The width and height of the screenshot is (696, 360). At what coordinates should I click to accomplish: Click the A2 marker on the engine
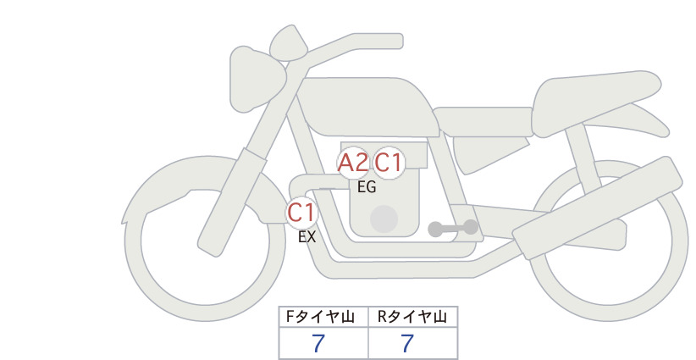pos(353,163)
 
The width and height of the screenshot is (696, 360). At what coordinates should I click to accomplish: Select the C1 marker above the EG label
pos(389,163)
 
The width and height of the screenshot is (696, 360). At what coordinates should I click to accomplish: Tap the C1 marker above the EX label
pos(301,212)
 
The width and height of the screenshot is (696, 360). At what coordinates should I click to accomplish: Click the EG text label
pos(367,187)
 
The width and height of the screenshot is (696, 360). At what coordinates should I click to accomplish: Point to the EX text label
pos(307,237)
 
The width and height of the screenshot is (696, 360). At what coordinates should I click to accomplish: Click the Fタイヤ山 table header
pos(320,317)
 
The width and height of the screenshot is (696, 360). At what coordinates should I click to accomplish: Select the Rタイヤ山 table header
pos(412,317)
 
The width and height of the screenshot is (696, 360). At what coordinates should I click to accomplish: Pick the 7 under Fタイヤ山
pos(318,344)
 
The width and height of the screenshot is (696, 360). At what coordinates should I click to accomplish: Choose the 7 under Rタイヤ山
pos(407,344)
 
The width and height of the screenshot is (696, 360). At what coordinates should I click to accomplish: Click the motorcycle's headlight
pos(256,79)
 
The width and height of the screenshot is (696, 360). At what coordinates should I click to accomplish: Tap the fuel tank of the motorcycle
pos(366,107)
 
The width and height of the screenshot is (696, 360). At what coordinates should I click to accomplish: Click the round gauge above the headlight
pos(289,42)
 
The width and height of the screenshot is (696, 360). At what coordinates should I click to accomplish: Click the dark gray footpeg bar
pos(453,228)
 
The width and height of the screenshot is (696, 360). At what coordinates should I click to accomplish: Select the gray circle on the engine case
pos(384,219)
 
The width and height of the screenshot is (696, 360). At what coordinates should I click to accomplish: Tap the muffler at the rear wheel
pos(597,208)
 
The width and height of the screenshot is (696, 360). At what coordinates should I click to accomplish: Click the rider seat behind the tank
pos(483,122)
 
